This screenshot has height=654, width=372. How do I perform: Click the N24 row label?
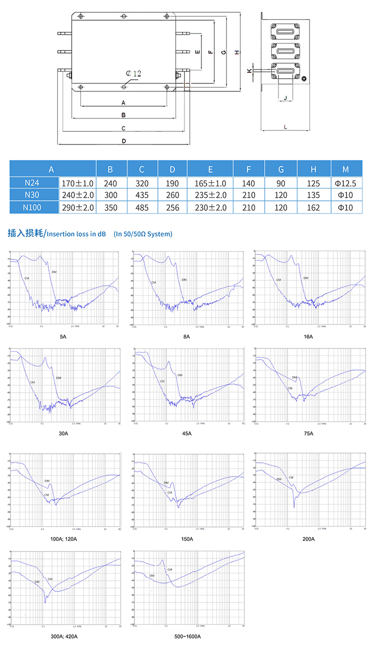click(x=33, y=183)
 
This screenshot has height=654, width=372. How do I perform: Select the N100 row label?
click(x=33, y=207)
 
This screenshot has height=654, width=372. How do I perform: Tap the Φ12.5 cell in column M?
click(x=346, y=183)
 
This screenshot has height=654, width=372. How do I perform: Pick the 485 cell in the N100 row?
click(x=141, y=207)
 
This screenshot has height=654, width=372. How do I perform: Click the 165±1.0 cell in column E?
click(x=210, y=183)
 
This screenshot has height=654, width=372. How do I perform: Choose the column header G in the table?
click(x=281, y=169)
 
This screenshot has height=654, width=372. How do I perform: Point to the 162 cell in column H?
click(x=314, y=207)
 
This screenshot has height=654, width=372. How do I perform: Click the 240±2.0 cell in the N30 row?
click(x=78, y=195)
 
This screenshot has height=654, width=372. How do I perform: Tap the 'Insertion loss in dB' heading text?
click(x=76, y=234)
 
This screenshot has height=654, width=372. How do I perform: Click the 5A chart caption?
click(x=63, y=337)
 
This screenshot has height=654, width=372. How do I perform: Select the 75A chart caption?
click(x=308, y=434)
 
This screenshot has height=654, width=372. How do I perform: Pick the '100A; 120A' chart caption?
click(x=63, y=539)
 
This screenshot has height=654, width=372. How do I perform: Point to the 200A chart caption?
click(x=308, y=539)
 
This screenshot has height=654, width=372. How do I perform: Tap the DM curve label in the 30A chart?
click(x=58, y=377)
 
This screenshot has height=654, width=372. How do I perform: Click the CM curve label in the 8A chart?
click(x=154, y=283)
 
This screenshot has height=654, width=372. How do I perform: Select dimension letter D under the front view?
click(x=123, y=141)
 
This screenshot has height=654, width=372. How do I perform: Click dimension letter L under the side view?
click(x=285, y=127)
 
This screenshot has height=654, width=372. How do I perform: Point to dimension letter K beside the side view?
click(x=249, y=70)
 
